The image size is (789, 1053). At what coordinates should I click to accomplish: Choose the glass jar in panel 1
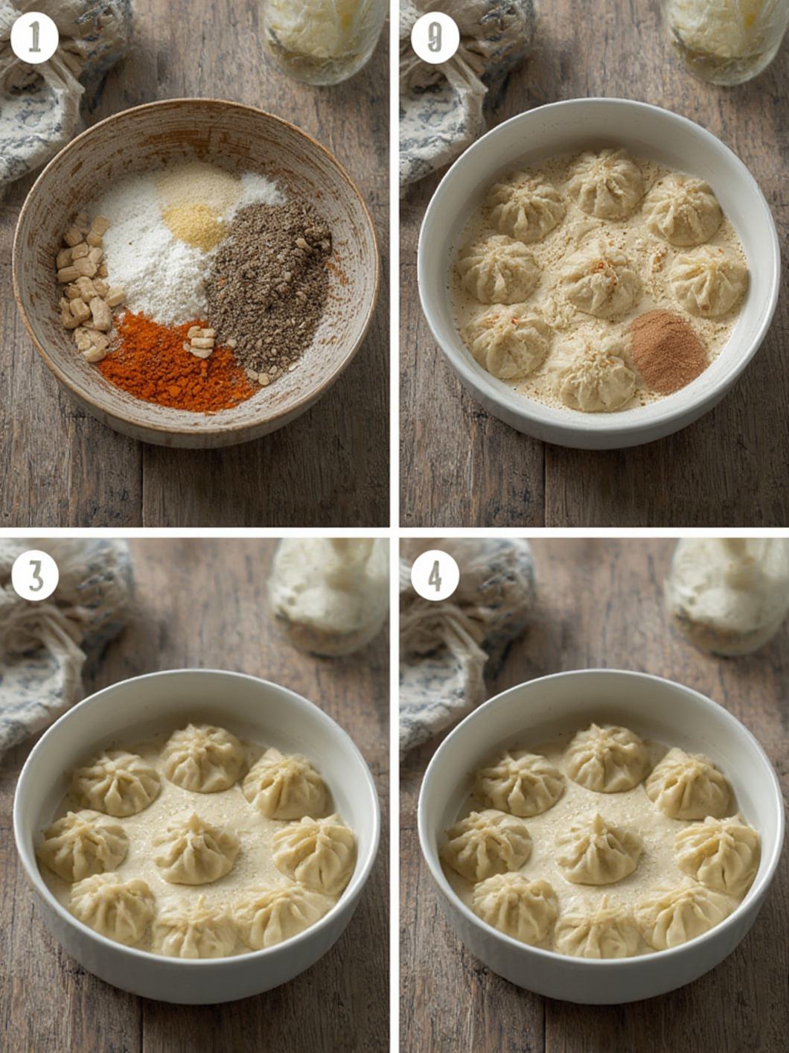[x=326, y=41]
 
